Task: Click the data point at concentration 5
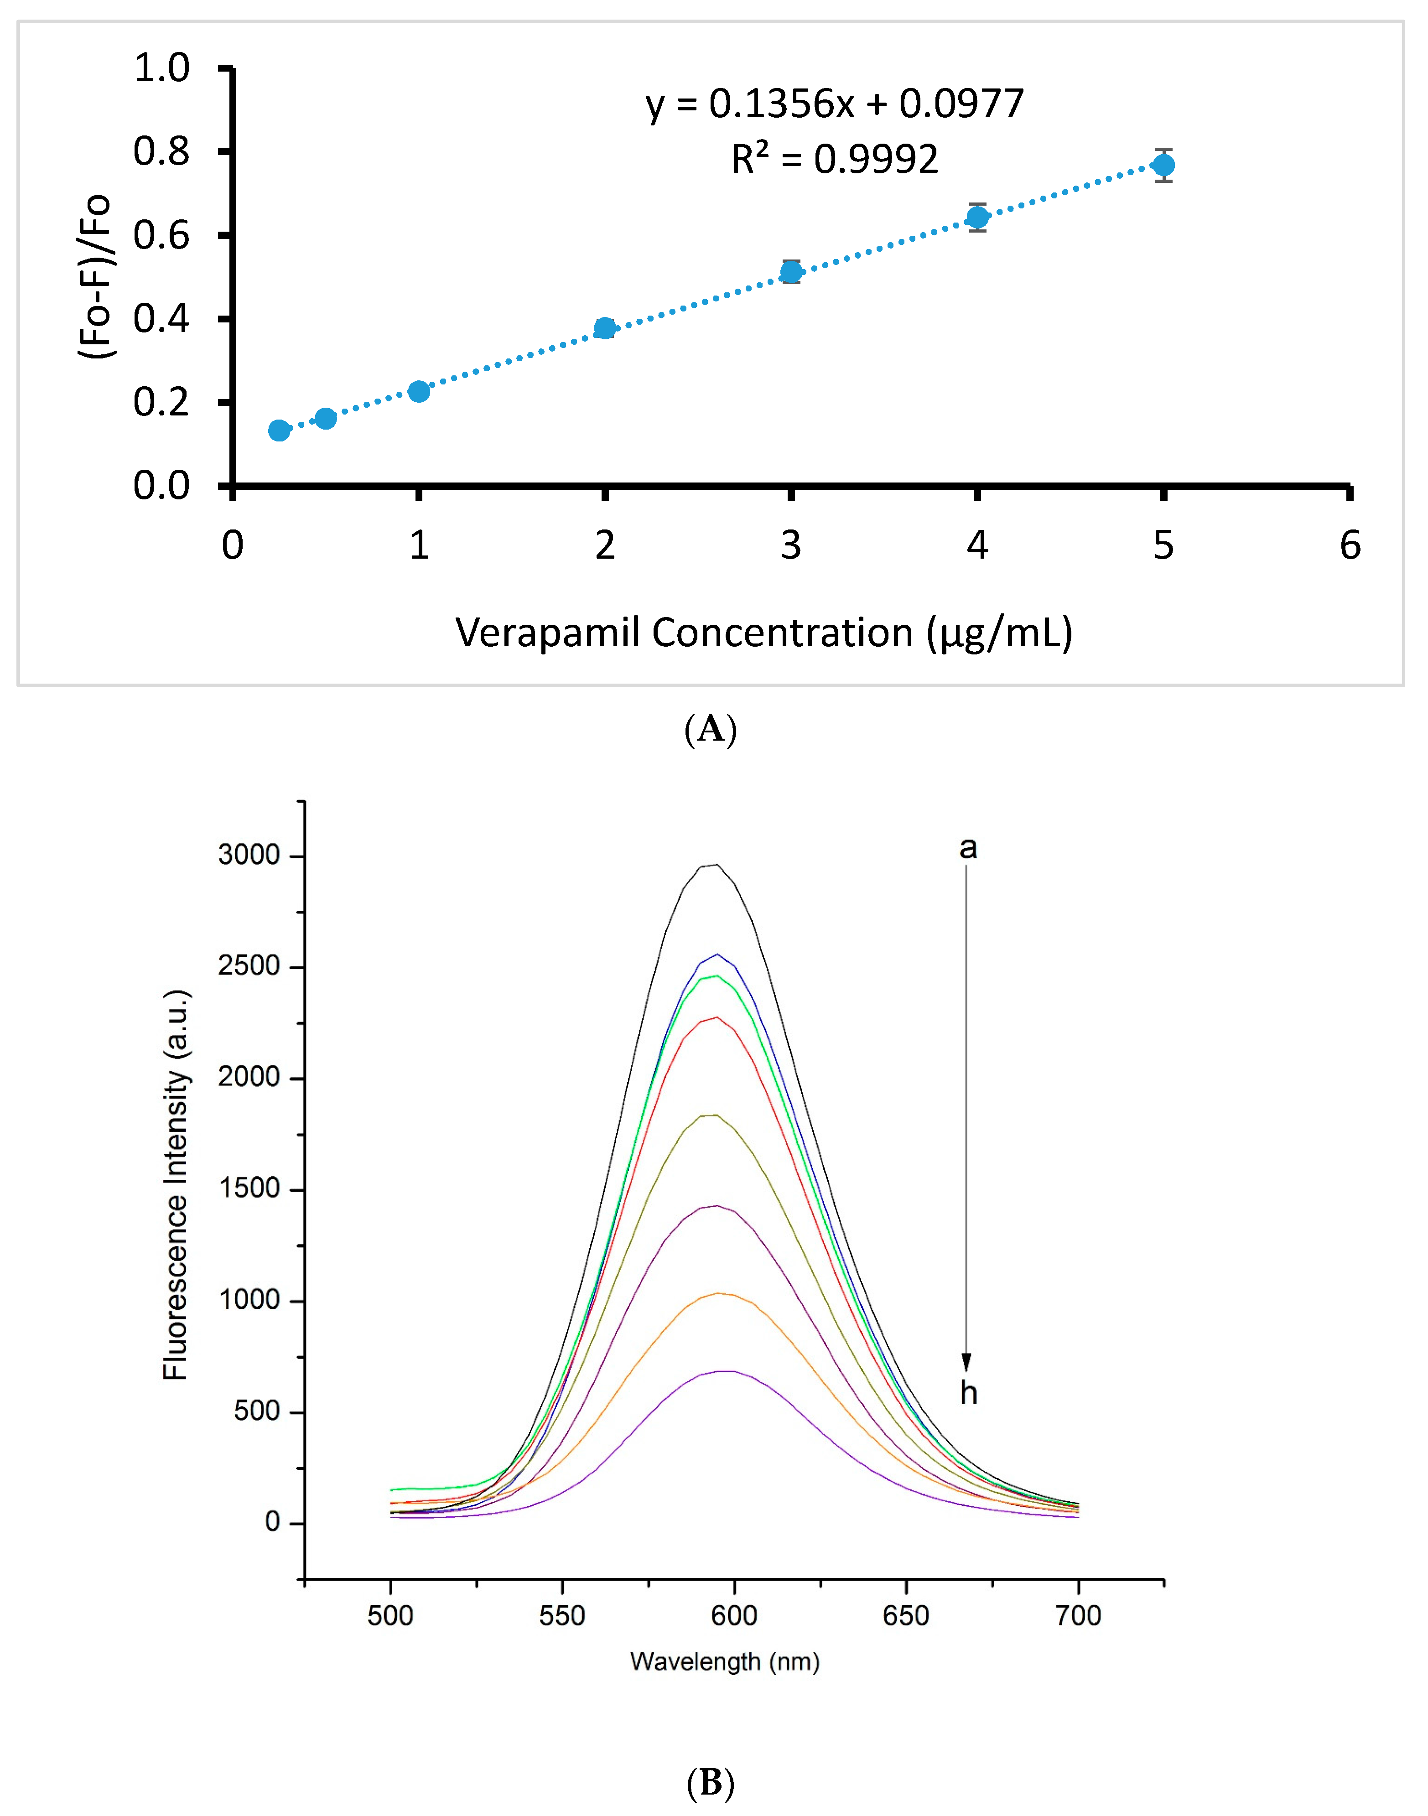1163,166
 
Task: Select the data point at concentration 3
791,272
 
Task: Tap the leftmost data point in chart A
279,431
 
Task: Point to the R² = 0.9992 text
834,159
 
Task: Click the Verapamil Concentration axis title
763,633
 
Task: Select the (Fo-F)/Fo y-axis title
94,276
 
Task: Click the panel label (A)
711,729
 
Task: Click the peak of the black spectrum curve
716,866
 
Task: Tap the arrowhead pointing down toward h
966,1363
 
